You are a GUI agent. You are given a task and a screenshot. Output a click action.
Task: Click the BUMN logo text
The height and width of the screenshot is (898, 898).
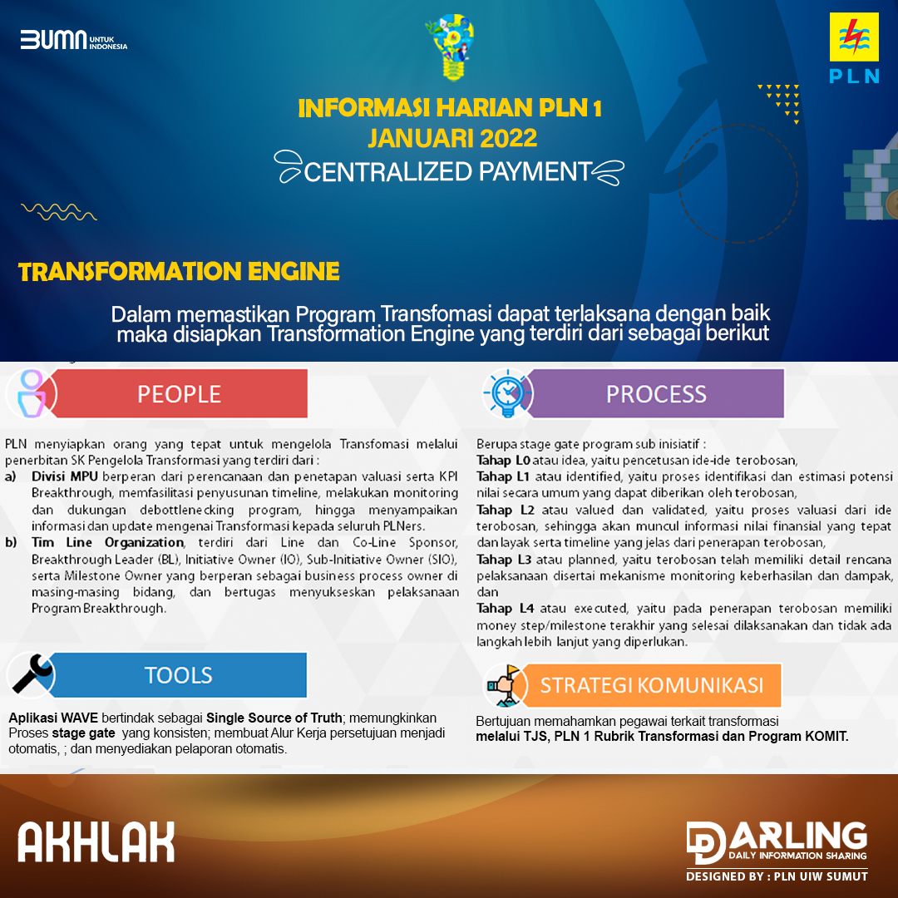tap(54, 40)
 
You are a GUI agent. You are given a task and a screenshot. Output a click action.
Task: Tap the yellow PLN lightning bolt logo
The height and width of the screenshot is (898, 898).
tap(854, 37)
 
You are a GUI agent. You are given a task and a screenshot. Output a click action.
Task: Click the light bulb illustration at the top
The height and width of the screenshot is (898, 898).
tap(450, 47)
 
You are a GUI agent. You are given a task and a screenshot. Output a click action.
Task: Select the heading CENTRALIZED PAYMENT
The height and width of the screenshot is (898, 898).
tap(447, 171)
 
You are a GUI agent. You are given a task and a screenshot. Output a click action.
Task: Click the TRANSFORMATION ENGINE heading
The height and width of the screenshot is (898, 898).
tap(179, 271)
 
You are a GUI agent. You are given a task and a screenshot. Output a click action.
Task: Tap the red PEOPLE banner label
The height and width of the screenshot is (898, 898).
tap(180, 394)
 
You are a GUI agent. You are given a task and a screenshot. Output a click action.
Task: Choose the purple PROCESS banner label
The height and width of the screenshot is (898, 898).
tap(656, 394)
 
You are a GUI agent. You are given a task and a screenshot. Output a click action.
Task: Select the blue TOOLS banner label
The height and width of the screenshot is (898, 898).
tap(178, 675)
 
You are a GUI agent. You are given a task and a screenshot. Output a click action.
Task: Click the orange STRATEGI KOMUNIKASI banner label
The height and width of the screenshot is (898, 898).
tap(652, 685)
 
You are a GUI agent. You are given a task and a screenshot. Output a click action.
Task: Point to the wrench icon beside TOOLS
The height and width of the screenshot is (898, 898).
tap(32, 673)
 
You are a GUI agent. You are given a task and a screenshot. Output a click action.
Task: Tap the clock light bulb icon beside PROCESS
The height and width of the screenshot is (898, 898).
tap(507, 392)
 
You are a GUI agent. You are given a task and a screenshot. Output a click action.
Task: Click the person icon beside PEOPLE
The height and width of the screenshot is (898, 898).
tap(32, 393)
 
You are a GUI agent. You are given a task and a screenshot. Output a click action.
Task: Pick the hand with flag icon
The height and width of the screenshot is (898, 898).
tap(504, 685)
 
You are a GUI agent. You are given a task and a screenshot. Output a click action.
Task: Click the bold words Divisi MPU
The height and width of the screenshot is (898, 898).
tap(65, 476)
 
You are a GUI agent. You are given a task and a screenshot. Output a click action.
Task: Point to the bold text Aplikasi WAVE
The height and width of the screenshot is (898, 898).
tap(53, 718)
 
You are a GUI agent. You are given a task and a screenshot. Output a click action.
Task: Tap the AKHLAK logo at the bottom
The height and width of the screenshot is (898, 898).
tap(96, 841)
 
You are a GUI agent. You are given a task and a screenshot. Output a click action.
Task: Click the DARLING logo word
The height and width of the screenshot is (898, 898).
tap(798, 836)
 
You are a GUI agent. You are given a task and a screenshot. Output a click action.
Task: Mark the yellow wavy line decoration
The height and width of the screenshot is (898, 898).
tap(59, 211)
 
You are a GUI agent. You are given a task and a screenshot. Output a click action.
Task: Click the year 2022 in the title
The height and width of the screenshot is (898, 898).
tap(509, 138)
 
